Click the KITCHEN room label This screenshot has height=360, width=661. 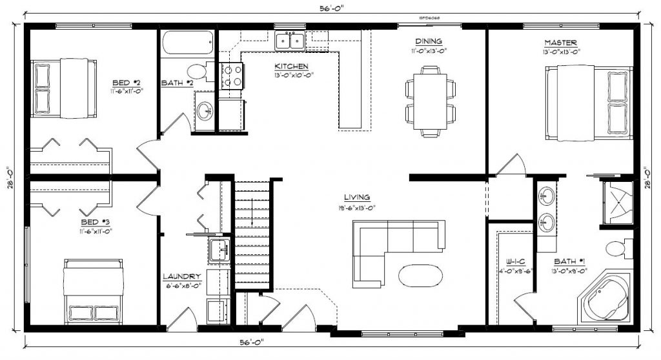click(291, 66)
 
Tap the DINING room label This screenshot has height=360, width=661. click(427, 41)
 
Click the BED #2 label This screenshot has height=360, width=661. click(127, 83)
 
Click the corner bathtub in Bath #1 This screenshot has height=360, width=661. click(604, 297)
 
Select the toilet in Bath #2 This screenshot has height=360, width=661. click(196, 71)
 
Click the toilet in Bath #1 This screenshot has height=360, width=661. click(616, 246)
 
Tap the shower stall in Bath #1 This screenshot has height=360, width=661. click(618, 203)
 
